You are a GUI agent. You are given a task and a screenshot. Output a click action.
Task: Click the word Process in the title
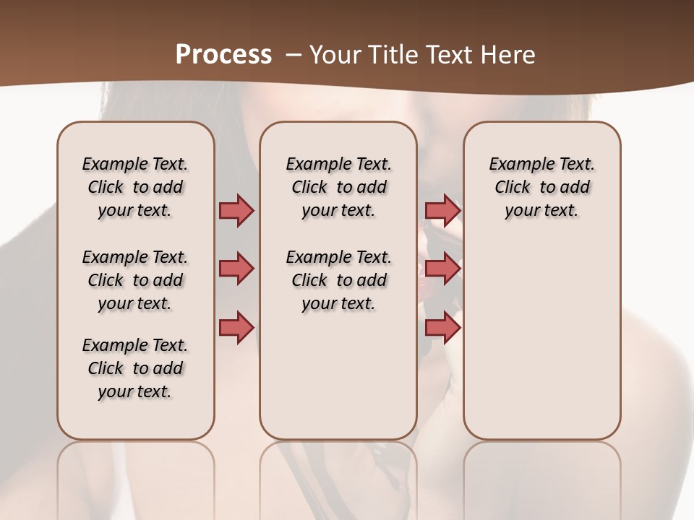pos(223,55)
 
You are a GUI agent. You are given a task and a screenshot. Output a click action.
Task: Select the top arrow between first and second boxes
pos(236,210)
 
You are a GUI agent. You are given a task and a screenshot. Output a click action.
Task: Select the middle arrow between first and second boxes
pos(236,269)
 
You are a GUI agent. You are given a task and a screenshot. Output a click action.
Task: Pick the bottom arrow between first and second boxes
pos(236,327)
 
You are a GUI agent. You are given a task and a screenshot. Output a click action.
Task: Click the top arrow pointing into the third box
pos(442,210)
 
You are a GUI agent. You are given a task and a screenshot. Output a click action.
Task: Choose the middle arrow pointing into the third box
pos(442,269)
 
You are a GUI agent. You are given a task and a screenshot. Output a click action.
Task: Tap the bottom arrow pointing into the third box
pos(442,327)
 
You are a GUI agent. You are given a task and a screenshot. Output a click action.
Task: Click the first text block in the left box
pos(135,187)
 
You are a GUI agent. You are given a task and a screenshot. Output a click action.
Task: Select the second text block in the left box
pos(135,280)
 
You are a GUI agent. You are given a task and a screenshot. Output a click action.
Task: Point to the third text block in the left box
pos(135,368)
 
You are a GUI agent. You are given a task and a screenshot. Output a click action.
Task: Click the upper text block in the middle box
pos(338,187)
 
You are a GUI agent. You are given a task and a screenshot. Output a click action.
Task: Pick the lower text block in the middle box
pos(338,280)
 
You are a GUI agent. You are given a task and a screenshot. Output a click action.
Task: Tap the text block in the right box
pos(541,187)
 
